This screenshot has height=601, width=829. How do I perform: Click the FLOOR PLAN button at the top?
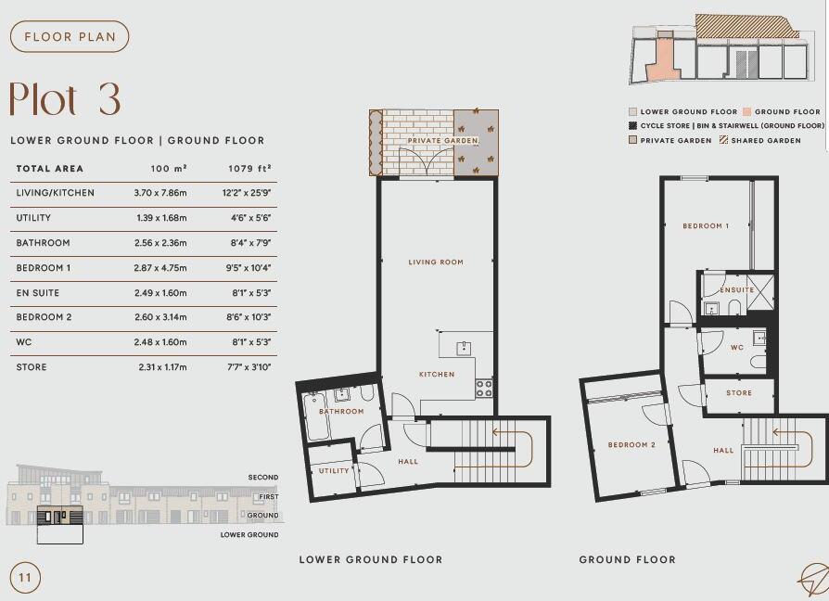[69, 37]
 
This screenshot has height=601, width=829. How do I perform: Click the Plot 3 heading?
[65, 99]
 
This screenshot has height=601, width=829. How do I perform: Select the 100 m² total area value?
[169, 169]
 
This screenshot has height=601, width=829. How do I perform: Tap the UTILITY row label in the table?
[33, 218]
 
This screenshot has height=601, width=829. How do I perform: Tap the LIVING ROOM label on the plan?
[436, 262]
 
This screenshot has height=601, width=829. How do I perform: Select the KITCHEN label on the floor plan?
[437, 375]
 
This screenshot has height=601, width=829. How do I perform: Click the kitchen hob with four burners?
[484, 389]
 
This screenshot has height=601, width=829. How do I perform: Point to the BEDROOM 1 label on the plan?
[706, 226]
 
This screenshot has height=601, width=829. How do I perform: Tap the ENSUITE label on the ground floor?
[737, 290]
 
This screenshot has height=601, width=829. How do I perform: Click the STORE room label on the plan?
[739, 393]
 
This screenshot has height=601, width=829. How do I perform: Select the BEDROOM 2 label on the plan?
[631, 445]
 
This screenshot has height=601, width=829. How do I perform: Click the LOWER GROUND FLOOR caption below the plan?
[370, 559]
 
